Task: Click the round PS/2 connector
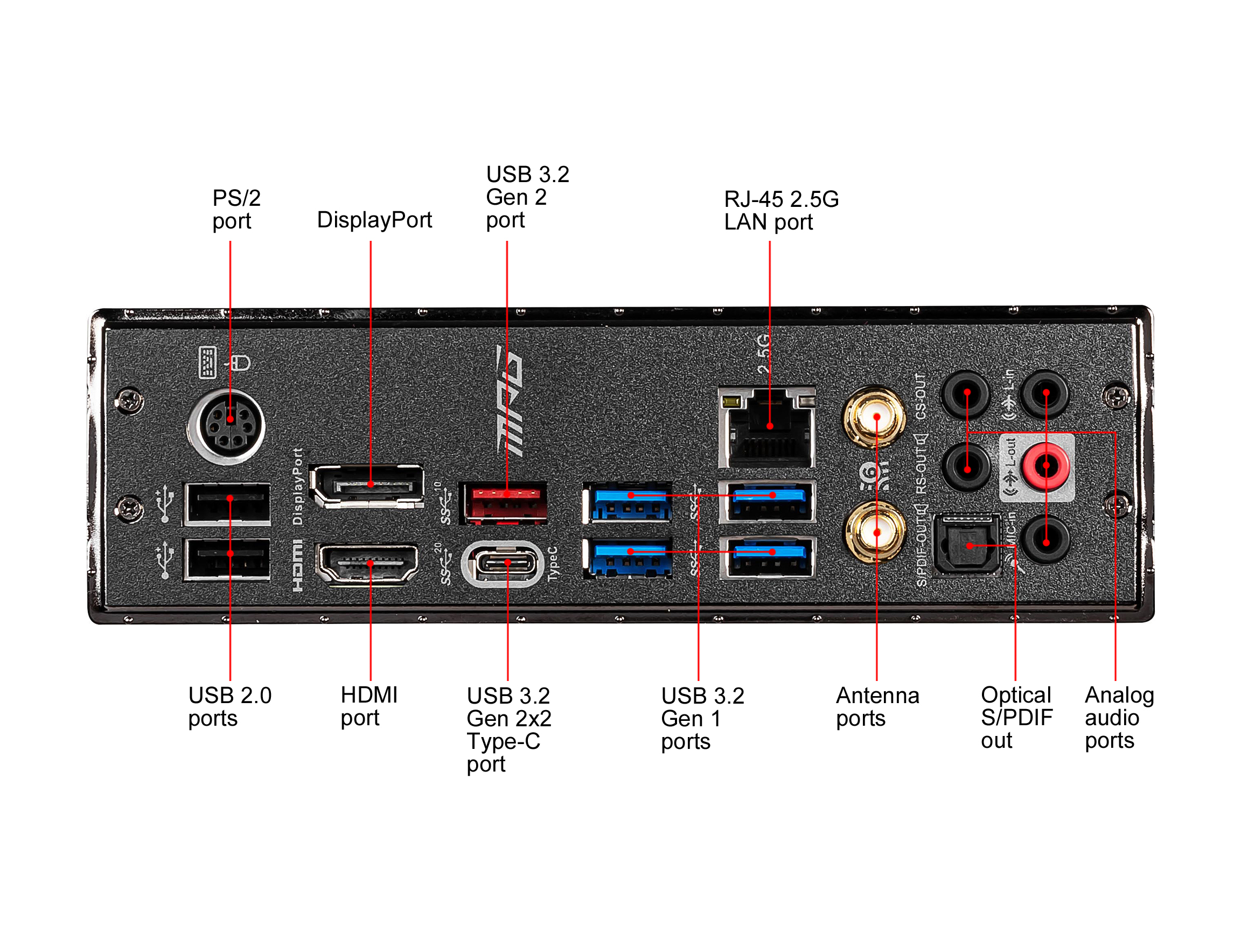227,426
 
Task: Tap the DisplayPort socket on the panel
368,486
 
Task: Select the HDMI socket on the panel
368,564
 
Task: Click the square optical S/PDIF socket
966,545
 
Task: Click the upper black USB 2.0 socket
227,503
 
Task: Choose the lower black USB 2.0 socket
227,558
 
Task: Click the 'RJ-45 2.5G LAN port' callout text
781,211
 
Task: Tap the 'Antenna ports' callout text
877,706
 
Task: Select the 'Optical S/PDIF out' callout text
1016,717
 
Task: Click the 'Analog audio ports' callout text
1119,717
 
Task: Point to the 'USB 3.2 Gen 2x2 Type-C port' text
508,729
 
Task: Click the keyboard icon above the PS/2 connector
207,362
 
